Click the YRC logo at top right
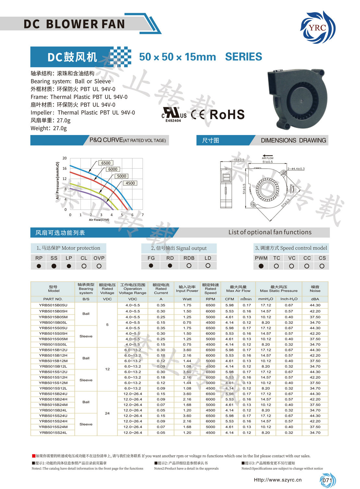pyautogui.click(x=318, y=28)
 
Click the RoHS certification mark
pyautogui.click(x=227, y=115)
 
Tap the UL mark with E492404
pyautogui.click(x=174, y=114)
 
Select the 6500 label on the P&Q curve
pyautogui.click(x=106, y=163)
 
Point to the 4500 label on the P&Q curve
pyautogui.click(x=130, y=183)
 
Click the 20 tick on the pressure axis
pyautogui.click(x=65, y=158)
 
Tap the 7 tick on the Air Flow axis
pyautogui.click(x=143, y=215)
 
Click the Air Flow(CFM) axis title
pyautogui.click(x=99, y=220)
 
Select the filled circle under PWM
pyautogui.click(x=261, y=266)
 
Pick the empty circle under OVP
pyautogui.click(x=99, y=266)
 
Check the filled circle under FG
pyautogui.click(x=151, y=265)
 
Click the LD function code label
pyautogui.click(x=208, y=258)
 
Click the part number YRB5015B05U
pyautogui.click(x=53, y=305)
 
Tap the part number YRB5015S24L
pyautogui.click(x=53, y=433)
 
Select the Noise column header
pyautogui.click(x=315, y=289)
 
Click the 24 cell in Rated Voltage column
pyautogui.click(x=107, y=413)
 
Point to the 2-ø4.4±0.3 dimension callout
pyautogui.click(x=296, y=169)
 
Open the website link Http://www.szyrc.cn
pyautogui.click(x=278, y=480)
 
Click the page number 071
pyautogui.click(x=327, y=481)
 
